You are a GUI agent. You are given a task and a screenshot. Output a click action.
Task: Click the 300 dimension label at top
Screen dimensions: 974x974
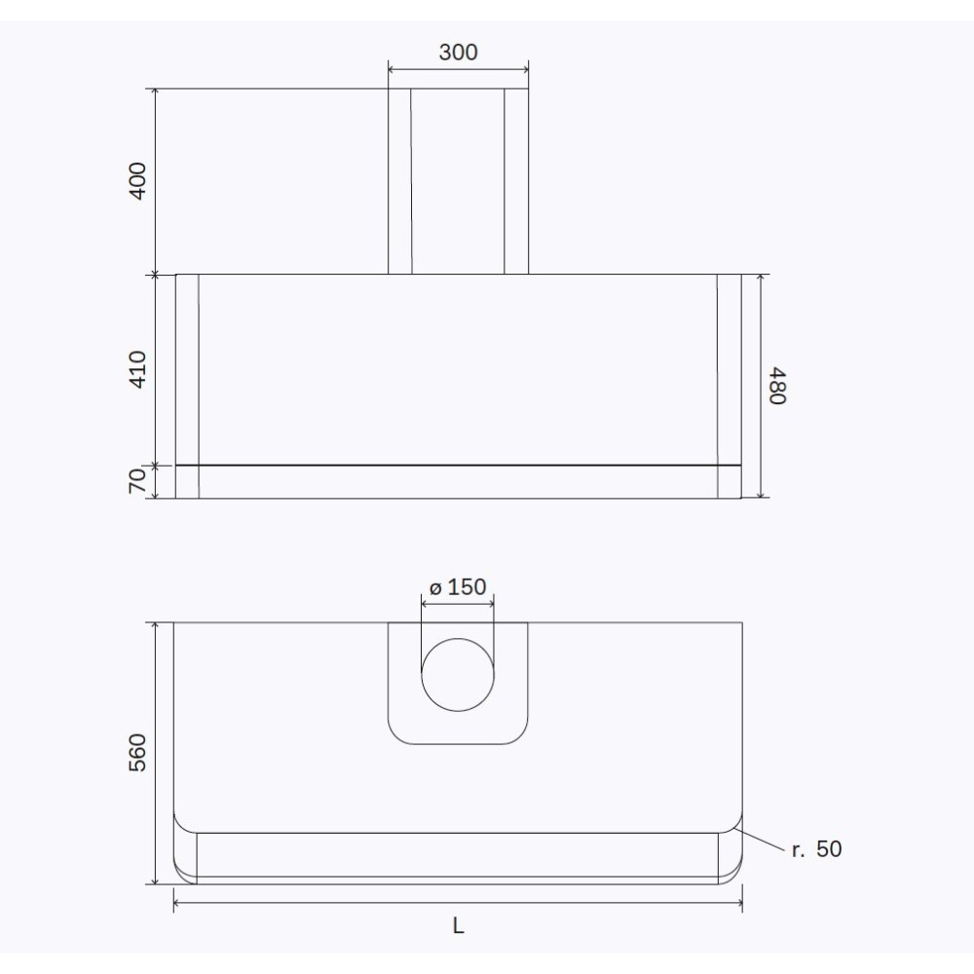(x=458, y=52)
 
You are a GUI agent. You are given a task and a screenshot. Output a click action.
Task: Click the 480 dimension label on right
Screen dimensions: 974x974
(x=776, y=385)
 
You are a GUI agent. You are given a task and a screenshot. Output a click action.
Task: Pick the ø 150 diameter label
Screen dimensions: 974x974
(x=457, y=587)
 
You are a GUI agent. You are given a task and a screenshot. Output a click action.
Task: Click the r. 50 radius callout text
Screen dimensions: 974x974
(x=816, y=849)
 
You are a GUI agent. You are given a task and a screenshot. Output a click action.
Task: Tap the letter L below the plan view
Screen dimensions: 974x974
(x=458, y=926)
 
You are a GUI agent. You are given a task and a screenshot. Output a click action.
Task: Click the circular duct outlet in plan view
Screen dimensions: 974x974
(x=458, y=675)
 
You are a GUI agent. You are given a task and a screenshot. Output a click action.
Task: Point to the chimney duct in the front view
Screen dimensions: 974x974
(x=458, y=181)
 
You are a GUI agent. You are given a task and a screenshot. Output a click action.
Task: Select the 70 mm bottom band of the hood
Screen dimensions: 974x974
(x=458, y=482)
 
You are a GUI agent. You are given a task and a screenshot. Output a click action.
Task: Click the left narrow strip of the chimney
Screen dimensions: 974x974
(x=399, y=181)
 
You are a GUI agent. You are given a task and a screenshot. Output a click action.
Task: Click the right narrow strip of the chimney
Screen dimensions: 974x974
(x=516, y=181)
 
